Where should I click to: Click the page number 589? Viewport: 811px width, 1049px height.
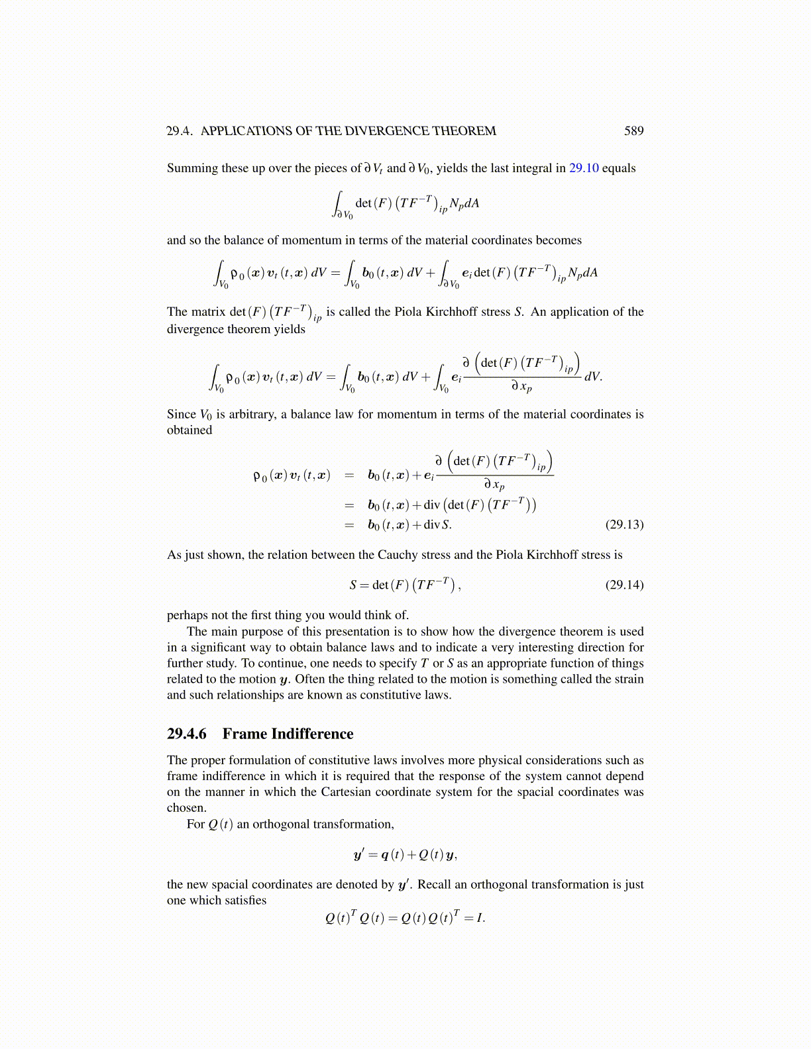point(633,131)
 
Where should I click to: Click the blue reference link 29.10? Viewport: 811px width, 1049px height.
point(584,168)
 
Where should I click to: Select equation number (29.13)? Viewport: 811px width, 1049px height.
point(624,525)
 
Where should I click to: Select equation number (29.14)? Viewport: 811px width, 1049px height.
point(624,585)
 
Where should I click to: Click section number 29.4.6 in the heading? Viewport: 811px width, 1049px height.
point(187,734)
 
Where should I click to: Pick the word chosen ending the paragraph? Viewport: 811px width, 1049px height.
point(186,808)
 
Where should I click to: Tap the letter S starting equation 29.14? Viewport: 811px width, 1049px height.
point(353,585)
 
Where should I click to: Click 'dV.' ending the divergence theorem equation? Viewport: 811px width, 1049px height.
point(593,377)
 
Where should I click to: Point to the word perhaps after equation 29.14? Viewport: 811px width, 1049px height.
point(188,615)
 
